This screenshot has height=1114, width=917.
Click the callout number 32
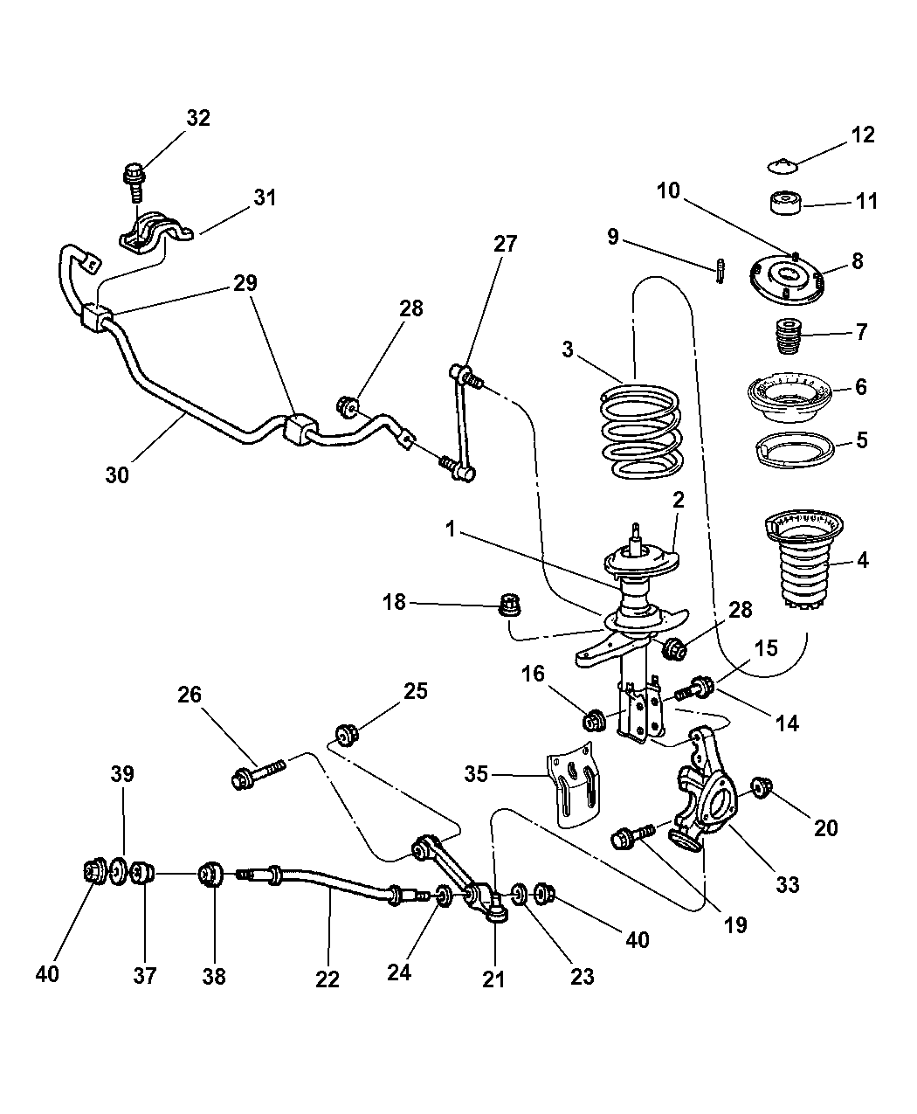[x=198, y=118]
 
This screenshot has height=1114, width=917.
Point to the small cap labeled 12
[x=783, y=164]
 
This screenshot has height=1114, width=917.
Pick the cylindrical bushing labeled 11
[x=785, y=204]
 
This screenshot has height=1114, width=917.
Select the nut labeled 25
[x=345, y=735]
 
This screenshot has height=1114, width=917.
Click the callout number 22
[x=327, y=979]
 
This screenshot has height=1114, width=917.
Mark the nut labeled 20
[x=761, y=787]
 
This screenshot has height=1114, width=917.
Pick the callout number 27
[x=505, y=244]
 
